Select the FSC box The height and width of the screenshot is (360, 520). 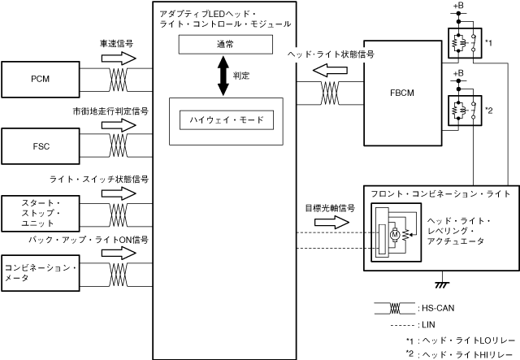[x=43, y=146]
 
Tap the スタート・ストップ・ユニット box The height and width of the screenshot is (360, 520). [x=43, y=212]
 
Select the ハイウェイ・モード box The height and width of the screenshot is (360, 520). [x=226, y=120]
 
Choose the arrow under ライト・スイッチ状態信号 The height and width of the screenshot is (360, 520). [x=119, y=193]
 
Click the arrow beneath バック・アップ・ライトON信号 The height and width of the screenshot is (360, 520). [x=119, y=253]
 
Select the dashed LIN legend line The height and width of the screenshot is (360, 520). [x=392, y=324]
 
